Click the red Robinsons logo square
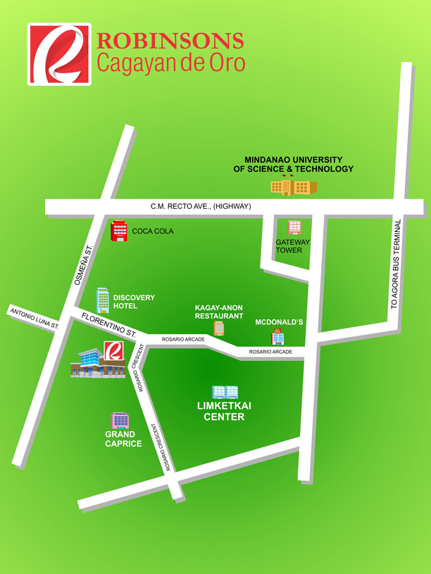(58, 54)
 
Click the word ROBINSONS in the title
(170, 42)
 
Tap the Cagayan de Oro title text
(170, 63)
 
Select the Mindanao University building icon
(294, 187)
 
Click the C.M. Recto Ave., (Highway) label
(201, 207)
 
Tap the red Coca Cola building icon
(118, 230)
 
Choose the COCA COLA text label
(153, 231)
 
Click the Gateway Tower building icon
(294, 227)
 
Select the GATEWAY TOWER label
(293, 246)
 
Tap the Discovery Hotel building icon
(103, 300)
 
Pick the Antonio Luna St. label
(34, 318)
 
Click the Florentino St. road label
(108, 322)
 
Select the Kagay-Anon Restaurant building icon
(218, 329)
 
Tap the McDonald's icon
(278, 336)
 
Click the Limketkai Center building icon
(225, 392)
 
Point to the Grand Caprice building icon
(120, 421)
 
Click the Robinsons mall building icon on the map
(98, 360)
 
